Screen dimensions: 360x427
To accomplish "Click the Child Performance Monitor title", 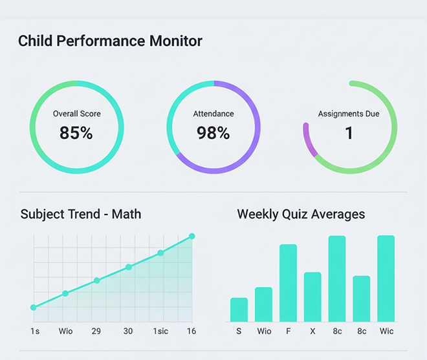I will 110,41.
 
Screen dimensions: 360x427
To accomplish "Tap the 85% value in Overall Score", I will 76,133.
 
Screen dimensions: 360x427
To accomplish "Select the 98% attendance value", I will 213,133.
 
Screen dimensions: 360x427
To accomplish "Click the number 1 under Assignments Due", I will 349,133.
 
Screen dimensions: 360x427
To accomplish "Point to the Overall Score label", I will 77,114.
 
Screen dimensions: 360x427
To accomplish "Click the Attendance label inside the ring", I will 213,114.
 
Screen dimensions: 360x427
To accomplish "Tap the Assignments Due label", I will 349,114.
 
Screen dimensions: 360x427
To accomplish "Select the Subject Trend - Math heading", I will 81,214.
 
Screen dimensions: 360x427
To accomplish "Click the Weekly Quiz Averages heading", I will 301,214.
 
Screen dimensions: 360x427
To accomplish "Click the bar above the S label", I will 239,310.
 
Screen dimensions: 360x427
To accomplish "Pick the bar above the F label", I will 288,283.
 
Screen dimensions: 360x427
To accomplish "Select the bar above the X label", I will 312,297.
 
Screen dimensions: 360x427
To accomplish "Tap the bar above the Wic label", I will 386,279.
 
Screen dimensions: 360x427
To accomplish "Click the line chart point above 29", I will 97,281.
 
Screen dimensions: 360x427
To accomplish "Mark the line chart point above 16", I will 192,237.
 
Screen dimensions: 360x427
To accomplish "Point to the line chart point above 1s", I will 34,308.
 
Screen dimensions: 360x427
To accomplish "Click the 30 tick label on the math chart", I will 128,331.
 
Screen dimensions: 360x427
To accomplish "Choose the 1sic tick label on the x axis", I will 160,331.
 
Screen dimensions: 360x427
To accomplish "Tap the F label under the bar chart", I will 288,331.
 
